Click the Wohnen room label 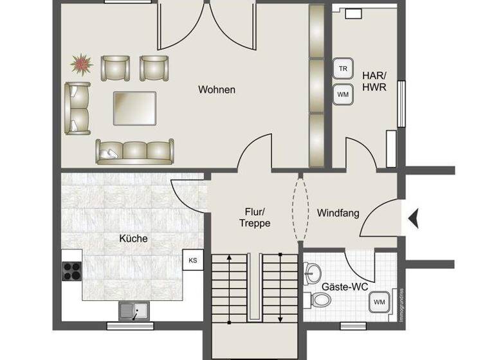[217, 90]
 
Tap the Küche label [133, 239]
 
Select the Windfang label [338, 213]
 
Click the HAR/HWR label [374, 82]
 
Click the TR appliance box [343, 69]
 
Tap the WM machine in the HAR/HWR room [343, 94]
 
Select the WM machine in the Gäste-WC [379, 301]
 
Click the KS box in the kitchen [193, 260]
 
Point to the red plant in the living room [82, 64]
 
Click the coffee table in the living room [134, 108]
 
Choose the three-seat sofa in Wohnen [135, 151]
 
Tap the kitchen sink [133, 311]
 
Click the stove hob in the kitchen [72, 271]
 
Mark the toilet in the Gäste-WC [318, 300]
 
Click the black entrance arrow [413, 219]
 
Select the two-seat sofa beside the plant [77, 108]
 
